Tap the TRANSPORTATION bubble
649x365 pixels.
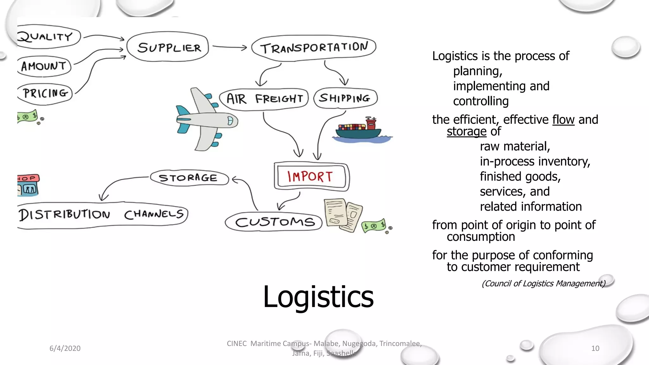pos(314,48)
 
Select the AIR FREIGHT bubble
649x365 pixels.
pos(264,99)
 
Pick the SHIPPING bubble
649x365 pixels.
pos(345,98)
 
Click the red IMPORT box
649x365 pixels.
pos(311,176)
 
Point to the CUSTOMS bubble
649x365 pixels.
pos(274,222)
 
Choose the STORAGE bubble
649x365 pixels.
pos(189,178)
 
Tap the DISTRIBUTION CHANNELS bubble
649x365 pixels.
pos(101,215)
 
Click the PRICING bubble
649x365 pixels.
pos(45,93)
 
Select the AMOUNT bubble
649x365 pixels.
pos(44,66)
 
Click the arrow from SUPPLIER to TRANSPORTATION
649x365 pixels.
pos(229,48)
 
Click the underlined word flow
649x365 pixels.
pos(563,120)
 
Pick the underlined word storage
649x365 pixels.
pos(466,131)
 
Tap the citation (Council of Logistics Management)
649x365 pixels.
pos(543,283)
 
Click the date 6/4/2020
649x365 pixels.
pos(65,348)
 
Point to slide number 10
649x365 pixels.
pos(595,348)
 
